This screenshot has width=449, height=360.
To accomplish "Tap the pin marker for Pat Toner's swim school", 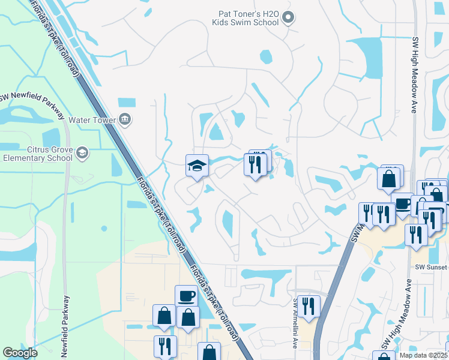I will [x=288, y=18].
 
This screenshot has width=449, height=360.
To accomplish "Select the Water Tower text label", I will [x=92, y=119].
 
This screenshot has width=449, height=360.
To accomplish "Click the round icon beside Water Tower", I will [x=124, y=119].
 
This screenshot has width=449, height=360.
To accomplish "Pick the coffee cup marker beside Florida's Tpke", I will [x=186, y=296].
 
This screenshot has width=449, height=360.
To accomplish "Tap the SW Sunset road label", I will [x=431, y=265].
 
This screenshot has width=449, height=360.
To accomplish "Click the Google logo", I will [x=20, y=353].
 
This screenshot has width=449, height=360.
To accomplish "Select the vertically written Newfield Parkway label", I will [x=67, y=327].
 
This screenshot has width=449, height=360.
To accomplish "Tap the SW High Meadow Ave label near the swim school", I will [x=414, y=75].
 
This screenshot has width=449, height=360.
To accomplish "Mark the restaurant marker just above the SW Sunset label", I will [x=416, y=235].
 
